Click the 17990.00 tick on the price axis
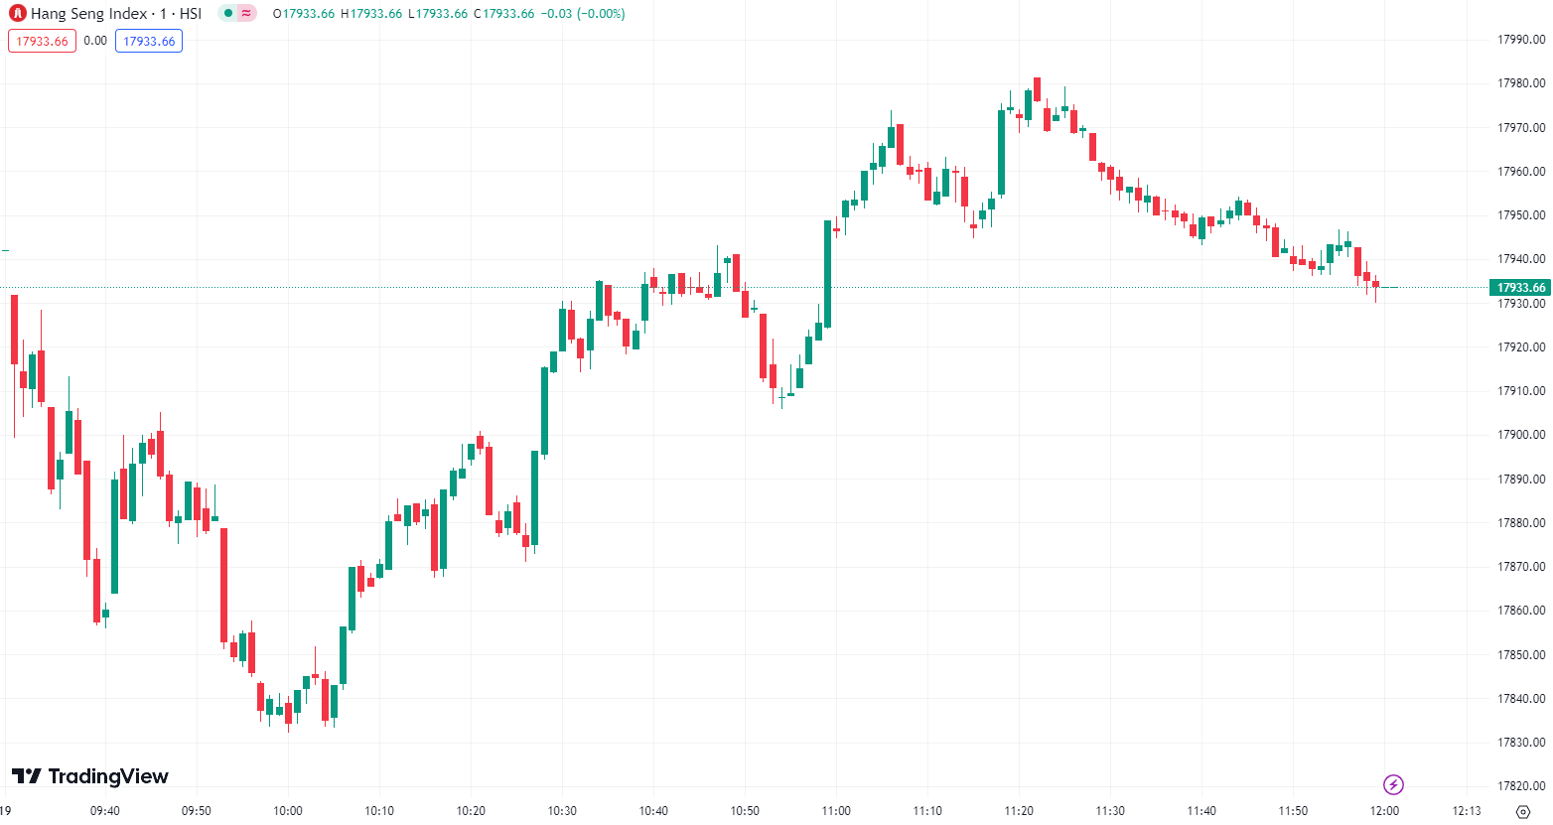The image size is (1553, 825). tap(1521, 40)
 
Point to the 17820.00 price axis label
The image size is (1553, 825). tap(1521, 786)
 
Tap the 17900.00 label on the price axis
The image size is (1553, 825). tap(1521, 435)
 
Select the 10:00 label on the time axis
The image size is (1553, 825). tap(288, 811)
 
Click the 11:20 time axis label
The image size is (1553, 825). tap(1019, 811)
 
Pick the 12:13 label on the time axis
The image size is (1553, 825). tap(1467, 811)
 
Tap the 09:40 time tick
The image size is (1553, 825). tap(105, 811)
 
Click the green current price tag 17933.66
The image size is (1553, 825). tap(1521, 288)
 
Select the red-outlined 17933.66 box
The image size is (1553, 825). tap(42, 41)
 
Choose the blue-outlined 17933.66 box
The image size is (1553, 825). tap(149, 41)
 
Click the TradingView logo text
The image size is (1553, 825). tap(90, 776)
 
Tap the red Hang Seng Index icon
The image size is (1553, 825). tap(17, 14)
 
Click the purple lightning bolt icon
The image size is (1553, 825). tap(1393, 785)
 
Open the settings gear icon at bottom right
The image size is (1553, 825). tap(1523, 812)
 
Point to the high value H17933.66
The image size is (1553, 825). tap(371, 14)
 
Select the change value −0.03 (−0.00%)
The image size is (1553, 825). tap(583, 14)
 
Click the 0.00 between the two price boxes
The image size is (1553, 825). tap(95, 41)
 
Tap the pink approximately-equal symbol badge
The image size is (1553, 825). tap(246, 14)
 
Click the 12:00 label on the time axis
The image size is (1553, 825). tap(1384, 811)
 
